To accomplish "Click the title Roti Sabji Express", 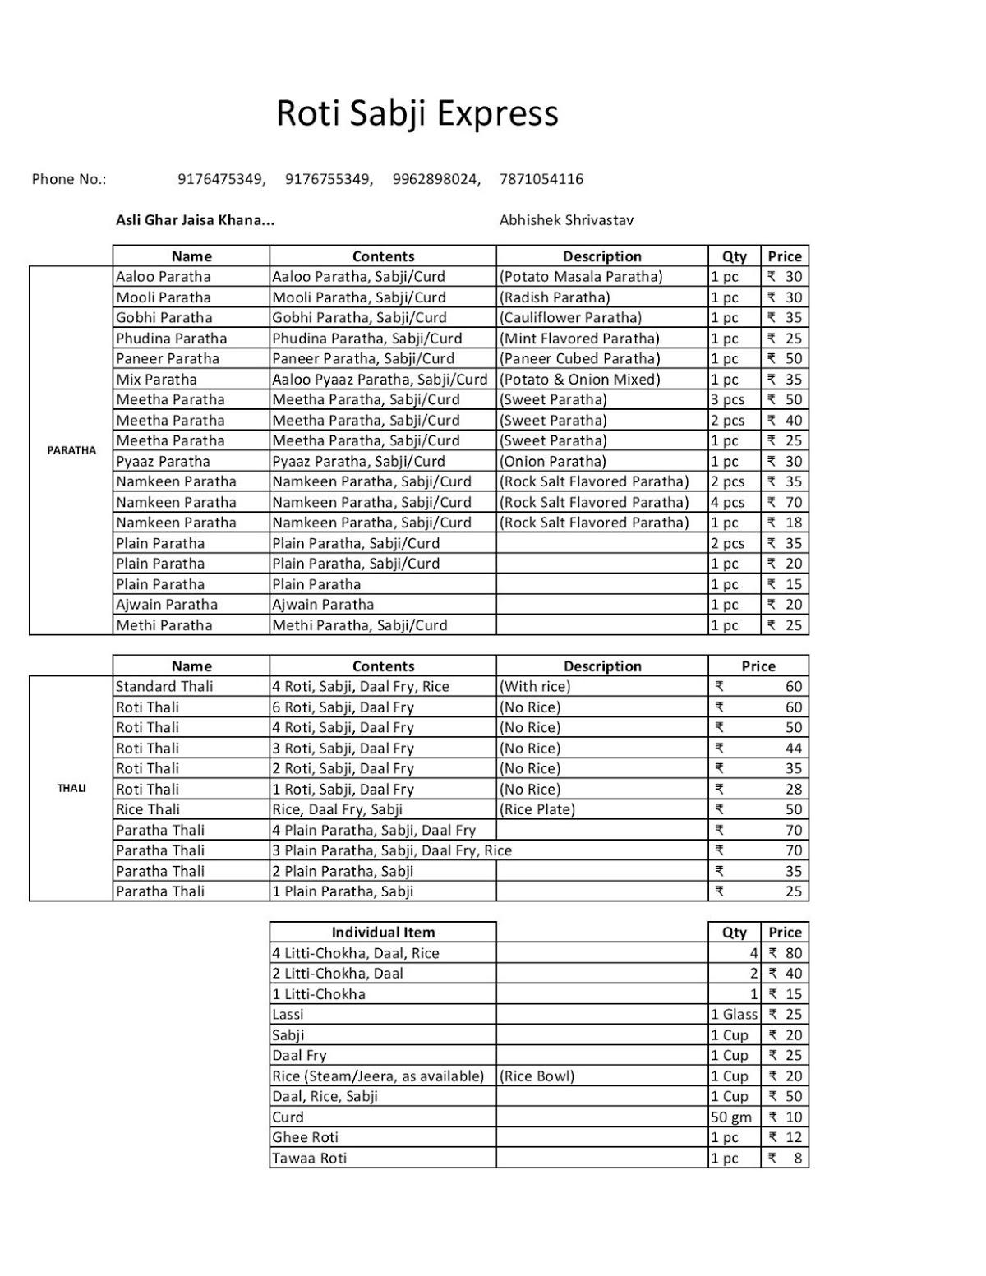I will click(417, 113).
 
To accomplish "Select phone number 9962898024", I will click(435, 179).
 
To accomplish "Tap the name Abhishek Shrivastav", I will click(566, 220).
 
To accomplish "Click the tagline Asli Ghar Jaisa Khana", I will click(195, 220).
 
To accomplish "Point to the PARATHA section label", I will click(71, 450).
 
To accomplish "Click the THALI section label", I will click(71, 789).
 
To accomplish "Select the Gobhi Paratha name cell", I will click(164, 318).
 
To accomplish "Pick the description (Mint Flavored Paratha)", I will click(579, 339).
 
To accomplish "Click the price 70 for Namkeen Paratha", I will click(786, 502).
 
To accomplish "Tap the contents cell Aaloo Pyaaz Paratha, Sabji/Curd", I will click(380, 380).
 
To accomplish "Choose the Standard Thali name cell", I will click(164, 687).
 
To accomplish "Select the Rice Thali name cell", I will click(148, 809).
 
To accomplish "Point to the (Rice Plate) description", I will click(537, 809).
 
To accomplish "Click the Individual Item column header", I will click(383, 933).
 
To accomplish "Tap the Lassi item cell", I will click(288, 1015).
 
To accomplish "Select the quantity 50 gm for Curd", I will click(731, 1117).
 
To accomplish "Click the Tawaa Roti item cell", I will click(310, 1159).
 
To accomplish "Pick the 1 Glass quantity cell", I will click(734, 1015).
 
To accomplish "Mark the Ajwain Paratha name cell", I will click(167, 605).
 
